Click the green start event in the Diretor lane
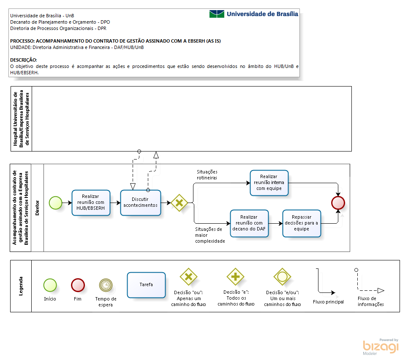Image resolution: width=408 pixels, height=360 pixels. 56,203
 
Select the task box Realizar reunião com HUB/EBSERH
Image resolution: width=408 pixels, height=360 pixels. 91,203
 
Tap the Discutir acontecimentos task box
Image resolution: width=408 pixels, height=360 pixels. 141,203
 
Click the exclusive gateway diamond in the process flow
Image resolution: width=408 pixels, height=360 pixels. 179,203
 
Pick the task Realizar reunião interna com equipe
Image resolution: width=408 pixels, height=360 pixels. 269,183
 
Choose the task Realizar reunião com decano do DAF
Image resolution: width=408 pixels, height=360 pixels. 249,223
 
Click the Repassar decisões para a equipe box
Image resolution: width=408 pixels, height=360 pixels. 302,223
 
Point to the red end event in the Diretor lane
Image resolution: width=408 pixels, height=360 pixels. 338,203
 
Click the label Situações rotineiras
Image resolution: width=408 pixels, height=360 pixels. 207,175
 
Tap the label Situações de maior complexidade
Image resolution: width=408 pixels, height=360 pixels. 210,235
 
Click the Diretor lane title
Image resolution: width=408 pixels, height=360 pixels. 37,208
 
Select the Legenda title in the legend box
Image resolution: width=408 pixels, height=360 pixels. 21,286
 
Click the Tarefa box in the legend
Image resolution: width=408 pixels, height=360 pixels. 146,285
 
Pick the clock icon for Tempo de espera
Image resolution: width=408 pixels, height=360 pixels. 106,285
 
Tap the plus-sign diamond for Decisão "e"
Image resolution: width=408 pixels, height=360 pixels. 236,276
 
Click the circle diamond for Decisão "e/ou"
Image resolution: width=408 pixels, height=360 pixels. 282,276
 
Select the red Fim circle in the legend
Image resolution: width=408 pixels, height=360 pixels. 78,285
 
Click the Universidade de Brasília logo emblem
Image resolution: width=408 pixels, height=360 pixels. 217,14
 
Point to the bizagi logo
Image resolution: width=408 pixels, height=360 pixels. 381,347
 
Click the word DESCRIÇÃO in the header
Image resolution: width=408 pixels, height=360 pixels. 23,60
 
